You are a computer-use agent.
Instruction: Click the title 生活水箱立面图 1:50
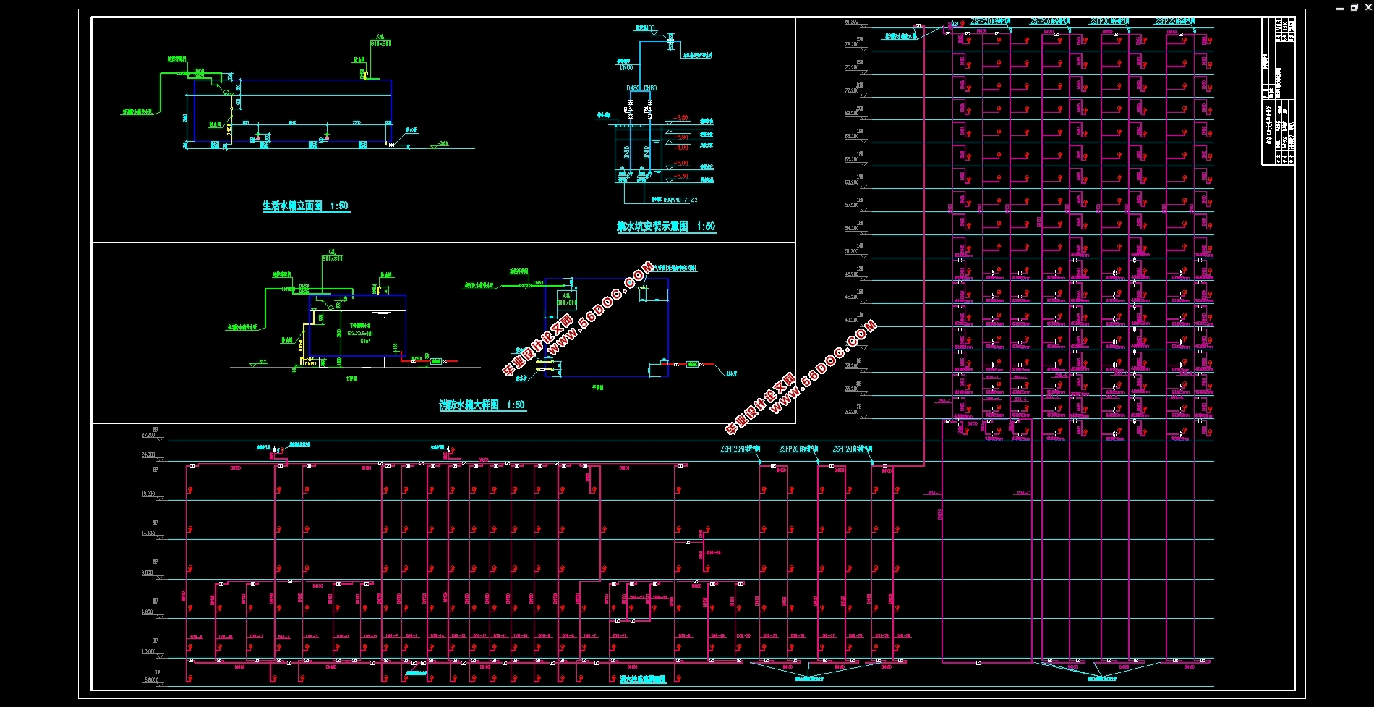[x=304, y=206]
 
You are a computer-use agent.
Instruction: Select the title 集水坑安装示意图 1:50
[x=665, y=227]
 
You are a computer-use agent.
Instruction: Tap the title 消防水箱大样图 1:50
[x=482, y=405]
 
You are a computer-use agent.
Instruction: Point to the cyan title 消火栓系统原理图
[x=642, y=680]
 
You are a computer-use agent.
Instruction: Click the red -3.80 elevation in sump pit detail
[x=681, y=137]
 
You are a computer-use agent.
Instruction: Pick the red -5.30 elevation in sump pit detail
[x=681, y=176]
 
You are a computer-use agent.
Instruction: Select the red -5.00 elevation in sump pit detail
[x=681, y=164]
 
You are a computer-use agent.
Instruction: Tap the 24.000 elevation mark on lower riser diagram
[x=148, y=455]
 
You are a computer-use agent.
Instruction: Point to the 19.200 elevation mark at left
[x=148, y=494]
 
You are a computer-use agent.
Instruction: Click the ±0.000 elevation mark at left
[x=148, y=651]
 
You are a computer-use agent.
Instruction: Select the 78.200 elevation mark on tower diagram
[x=852, y=44]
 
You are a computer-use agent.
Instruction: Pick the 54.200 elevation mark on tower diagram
[x=852, y=228]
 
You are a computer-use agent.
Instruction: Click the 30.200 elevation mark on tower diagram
[x=852, y=412]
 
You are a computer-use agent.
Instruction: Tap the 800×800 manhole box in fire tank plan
[x=566, y=300]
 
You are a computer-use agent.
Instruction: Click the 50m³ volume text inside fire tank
[x=365, y=341]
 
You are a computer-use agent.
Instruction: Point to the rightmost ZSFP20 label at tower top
[x=1174, y=22]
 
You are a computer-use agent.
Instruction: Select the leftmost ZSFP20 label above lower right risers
[x=740, y=449]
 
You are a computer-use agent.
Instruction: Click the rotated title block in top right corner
[x=1278, y=91]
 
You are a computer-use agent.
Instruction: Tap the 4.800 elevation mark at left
[x=148, y=612]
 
